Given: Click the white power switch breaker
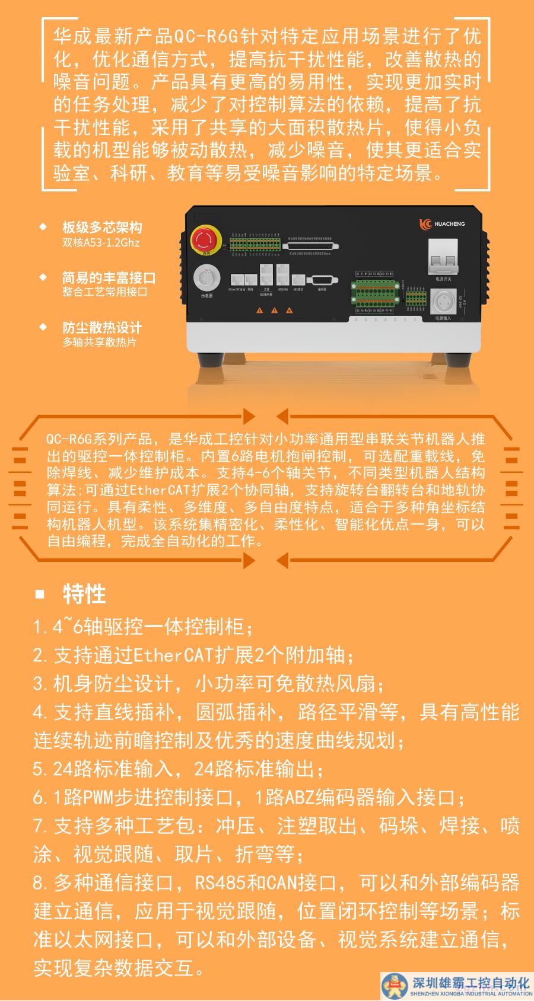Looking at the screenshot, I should [443, 255].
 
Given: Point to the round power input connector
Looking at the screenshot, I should [443, 301].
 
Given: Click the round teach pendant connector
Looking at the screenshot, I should [206, 278].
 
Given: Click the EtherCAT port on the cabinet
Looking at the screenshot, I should [237, 280].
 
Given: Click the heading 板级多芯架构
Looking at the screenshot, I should [102, 228].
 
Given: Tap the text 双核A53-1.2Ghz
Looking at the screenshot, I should [101, 242].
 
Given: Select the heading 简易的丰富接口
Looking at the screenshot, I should [109, 277].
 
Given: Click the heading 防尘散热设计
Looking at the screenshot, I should [102, 328].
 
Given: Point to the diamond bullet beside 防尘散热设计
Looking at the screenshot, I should [42, 327].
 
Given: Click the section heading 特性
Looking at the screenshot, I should [84, 594].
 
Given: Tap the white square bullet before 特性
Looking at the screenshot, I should [40, 594].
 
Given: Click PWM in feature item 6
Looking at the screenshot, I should [98, 798].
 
